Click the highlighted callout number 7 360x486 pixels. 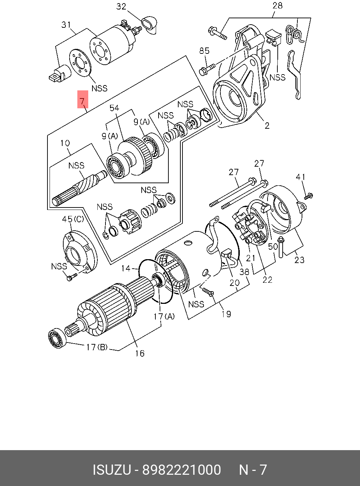click(x=82, y=101)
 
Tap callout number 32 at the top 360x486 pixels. click(x=121, y=7)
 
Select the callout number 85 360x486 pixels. click(x=204, y=51)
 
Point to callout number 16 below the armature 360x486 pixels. click(x=140, y=353)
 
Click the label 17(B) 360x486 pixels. click(x=97, y=347)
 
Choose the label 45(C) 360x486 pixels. click(x=73, y=219)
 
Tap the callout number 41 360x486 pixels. click(x=301, y=177)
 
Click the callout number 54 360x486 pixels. click(x=114, y=108)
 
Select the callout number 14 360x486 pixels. click(x=126, y=269)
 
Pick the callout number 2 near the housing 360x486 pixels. click(x=267, y=126)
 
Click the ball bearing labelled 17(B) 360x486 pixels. click(x=57, y=338)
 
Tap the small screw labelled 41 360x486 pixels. click(x=309, y=196)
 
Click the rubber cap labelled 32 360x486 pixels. click(x=149, y=24)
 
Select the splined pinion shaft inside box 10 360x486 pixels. click(x=79, y=188)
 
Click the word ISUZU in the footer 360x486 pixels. click(x=111, y=470)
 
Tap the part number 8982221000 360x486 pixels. click(x=181, y=470)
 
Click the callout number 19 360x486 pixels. click(x=226, y=314)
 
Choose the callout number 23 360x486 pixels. click(x=299, y=260)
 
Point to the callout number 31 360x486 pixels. click(x=66, y=25)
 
